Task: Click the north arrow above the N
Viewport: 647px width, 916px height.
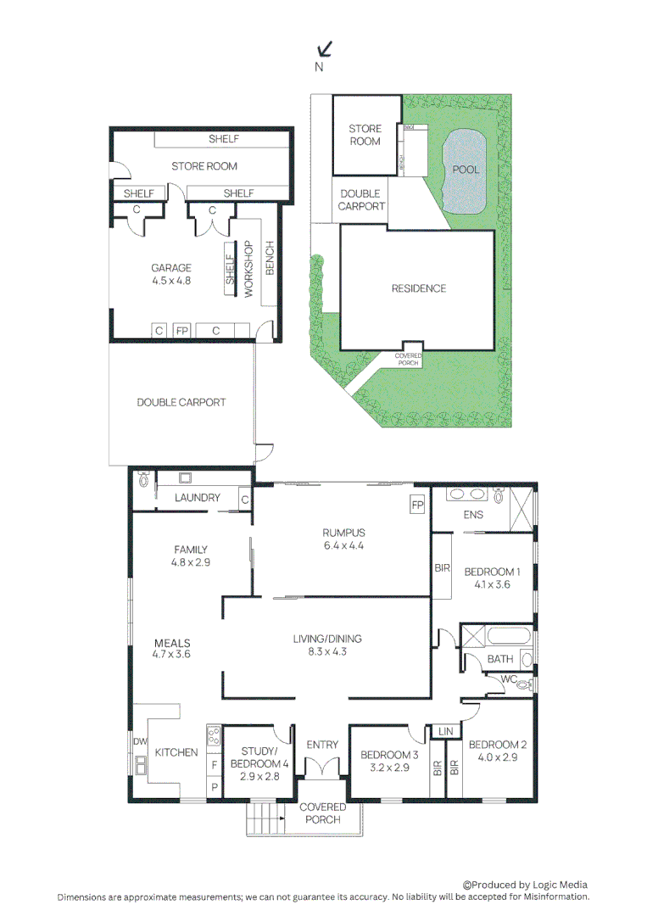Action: [x=324, y=49]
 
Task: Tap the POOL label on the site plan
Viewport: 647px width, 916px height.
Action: [x=465, y=170]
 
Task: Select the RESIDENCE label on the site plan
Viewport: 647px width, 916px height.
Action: [x=418, y=288]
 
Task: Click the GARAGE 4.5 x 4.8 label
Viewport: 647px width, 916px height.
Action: [x=171, y=273]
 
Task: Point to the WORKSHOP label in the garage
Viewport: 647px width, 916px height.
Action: [x=249, y=270]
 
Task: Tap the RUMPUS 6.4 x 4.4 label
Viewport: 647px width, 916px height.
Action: [x=343, y=539]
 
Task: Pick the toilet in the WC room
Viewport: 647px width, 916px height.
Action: [x=524, y=683]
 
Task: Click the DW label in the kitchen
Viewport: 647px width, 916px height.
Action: [x=139, y=742]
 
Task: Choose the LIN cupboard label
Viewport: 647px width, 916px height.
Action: [x=446, y=731]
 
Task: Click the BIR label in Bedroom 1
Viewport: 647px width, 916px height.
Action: [x=442, y=568]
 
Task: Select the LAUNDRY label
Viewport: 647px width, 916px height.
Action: [x=198, y=498]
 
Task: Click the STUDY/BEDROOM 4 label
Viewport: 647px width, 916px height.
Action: [x=260, y=763]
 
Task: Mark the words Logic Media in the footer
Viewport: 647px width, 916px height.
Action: [x=557, y=885]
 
